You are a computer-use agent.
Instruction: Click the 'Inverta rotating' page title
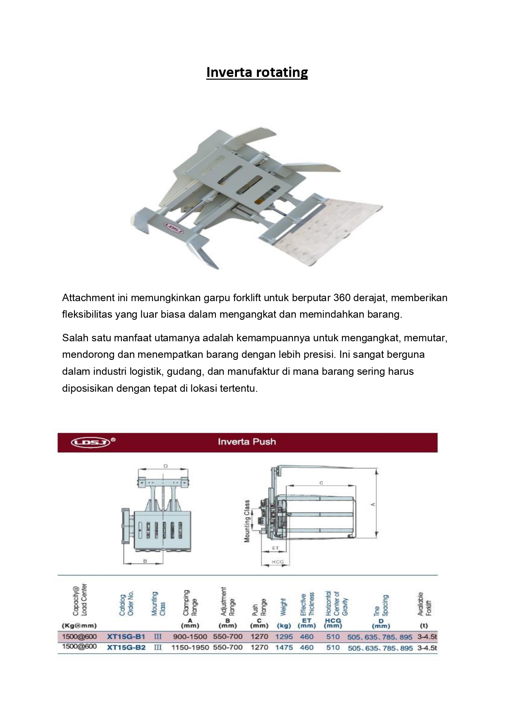[x=257, y=72]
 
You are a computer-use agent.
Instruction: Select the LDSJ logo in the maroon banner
[x=91, y=442]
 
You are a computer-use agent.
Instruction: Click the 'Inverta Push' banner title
[x=247, y=442]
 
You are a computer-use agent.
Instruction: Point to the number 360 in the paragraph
[x=339, y=298]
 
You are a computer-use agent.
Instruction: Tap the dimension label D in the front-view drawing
[x=166, y=466]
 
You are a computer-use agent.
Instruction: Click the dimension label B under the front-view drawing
[x=145, y=561]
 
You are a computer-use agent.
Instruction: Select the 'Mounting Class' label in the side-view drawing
[x=247, y=521]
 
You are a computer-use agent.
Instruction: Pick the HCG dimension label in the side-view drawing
[x=278, y=562]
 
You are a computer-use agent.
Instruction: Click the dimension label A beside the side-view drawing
[x=373, y=504]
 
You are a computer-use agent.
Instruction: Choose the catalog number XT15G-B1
[x=126, y=637]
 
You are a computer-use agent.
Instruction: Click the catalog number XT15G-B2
[x=126, y=647]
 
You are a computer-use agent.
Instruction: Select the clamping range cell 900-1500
[x=191, y=637]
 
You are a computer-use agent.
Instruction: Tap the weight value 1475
[x=284, y=647]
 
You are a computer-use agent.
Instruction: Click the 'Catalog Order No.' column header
[x=126, y=605]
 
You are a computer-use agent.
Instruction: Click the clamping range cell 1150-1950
[x=190, y=647]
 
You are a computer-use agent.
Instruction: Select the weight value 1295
[x=284, y=637]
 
